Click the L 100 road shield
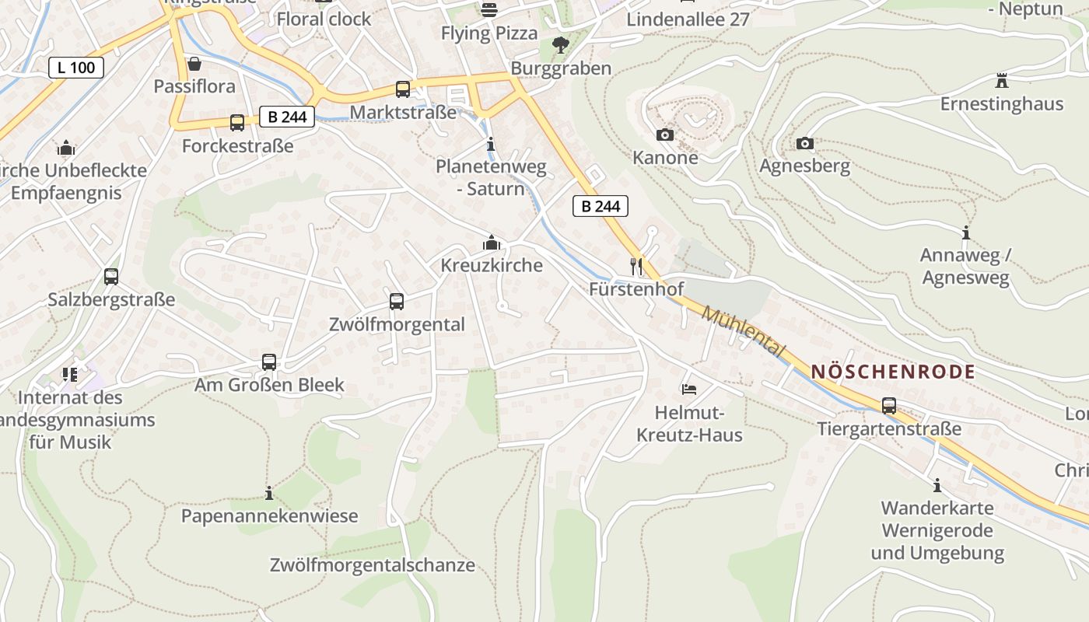[76, 68]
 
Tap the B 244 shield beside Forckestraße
[287, 117]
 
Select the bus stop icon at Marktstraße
[402, 89]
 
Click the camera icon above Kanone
[664, 135]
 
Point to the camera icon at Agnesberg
[804, 144]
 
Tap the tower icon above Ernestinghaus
[1001, 81]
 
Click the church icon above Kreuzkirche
[491, 243]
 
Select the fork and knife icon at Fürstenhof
[636, 267]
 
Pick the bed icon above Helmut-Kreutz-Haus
[688, 390]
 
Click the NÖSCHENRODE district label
[892, 372]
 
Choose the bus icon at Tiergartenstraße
[888, 406]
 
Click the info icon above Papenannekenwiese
[269, 494]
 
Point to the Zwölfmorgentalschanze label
[372, 565]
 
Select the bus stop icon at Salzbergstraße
[111, 277]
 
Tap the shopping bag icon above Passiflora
[194, 64]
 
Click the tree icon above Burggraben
[560, 46]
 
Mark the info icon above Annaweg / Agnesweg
[965, 232]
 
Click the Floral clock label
[324, 19]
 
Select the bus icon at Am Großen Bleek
[268, 362]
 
